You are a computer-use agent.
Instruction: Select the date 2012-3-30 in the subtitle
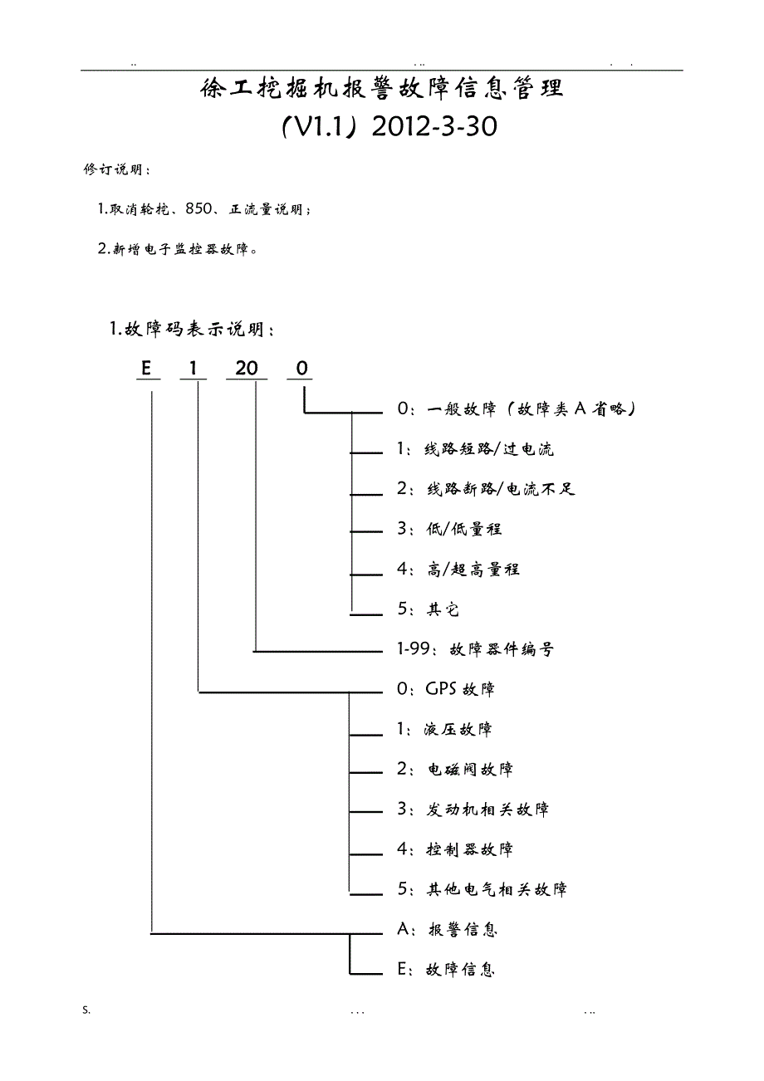tap(434, 127)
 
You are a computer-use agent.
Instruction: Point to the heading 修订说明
tap(117, 170)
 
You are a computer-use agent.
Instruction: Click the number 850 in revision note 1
tap(200, 209)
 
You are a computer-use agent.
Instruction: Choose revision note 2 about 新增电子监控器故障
tap(177, 249)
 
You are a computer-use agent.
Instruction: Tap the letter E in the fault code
tap(147, 369)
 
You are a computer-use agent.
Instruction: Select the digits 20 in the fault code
tap(247, 369)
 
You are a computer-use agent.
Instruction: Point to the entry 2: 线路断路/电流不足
tap(486, 489)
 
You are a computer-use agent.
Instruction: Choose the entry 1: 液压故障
tap(444, 729)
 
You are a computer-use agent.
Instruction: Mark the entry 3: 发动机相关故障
tap(473, 810)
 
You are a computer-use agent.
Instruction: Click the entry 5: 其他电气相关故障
tap(482, 889)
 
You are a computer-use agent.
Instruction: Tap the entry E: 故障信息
tap(446, 970)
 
